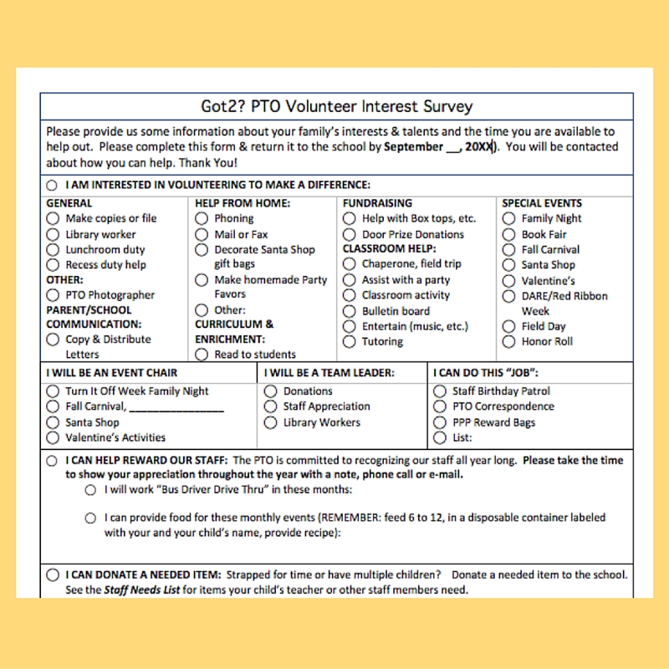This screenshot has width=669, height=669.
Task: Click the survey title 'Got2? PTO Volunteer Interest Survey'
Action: pos(337,106)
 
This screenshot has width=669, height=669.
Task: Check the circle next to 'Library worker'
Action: pos(54,235)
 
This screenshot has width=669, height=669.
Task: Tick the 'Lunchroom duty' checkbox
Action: pos(54,250)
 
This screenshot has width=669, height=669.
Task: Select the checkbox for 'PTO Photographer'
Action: pos(54,295)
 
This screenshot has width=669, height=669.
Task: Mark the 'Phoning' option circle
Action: pos(202,218)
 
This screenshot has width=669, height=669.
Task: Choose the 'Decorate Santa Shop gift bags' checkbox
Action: pos(202,249)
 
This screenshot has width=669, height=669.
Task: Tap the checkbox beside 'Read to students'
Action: pos(202,355)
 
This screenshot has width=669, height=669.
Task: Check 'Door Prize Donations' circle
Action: pos(350,235)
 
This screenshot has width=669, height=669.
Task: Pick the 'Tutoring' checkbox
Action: pos(350,342)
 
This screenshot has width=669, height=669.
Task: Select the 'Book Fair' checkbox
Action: pos(508,235)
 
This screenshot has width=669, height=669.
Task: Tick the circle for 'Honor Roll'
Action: pos(508,342)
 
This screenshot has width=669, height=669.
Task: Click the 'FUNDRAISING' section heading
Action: pos(377,203)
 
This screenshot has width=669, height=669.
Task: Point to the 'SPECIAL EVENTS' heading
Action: pos(542,203)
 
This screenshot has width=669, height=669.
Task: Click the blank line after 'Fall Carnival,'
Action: pos(176,407)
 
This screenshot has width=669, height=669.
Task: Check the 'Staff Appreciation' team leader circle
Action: pos(270,406)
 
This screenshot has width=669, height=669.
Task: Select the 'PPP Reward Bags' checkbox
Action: pos(440,422)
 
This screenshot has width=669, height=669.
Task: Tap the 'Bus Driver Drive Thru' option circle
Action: pos(90,491)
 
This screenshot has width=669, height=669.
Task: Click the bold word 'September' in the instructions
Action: pos(413,146)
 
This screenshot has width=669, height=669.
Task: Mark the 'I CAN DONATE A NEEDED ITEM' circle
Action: pos(54,575)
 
